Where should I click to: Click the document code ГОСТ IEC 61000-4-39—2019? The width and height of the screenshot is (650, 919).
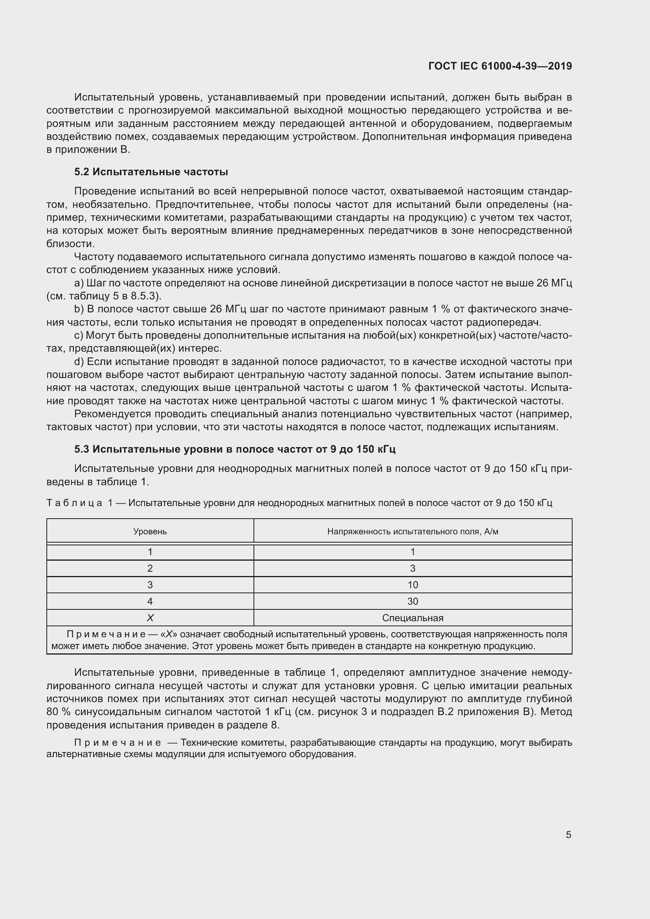coord(500,66)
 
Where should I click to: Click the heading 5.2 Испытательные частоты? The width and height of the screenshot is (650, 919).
coord(151,172)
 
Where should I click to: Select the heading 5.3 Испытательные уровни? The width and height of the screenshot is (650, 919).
coord(235,449)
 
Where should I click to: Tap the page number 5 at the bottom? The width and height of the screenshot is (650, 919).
coord(568,835)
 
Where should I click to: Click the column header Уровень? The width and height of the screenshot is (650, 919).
coord(150,532)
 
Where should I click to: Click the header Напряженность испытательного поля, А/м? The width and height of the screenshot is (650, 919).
coord(413,532)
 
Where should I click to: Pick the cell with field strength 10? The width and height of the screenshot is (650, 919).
coord(413,585)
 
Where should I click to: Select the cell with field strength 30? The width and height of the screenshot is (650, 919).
coord(413,601)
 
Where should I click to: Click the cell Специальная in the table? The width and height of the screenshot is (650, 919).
coord(413,618)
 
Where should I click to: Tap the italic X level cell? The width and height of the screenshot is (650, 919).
coord(150,618)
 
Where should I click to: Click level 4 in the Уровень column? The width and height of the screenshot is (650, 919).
coord(150,601)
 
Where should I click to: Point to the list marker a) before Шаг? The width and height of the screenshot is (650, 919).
coord(79,283)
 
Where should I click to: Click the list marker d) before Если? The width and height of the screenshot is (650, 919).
coord(79,361)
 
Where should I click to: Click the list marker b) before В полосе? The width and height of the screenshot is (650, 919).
coord(79,309)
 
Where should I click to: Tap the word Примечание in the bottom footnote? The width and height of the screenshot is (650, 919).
coord(117,743)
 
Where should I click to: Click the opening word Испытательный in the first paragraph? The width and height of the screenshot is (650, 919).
coord(114,97)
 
